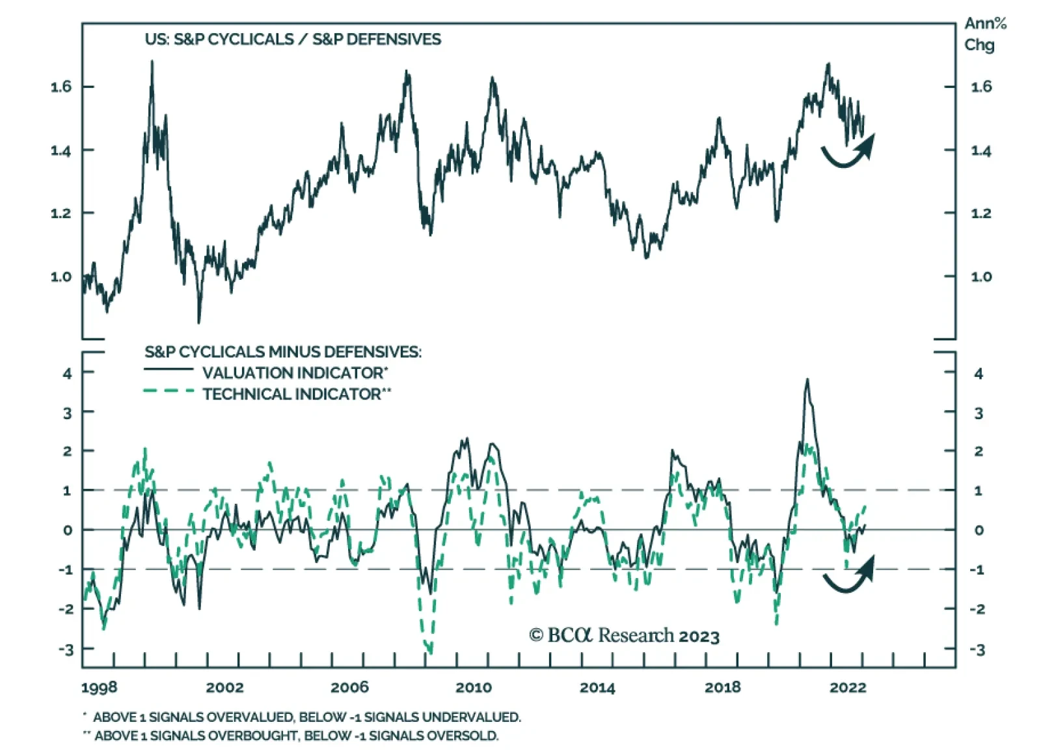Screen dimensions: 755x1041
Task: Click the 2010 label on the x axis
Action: [x=473, y=687]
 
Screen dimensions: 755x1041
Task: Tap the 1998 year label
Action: [x=100, y=687]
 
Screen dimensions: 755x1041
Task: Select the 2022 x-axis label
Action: [x=847, y=687]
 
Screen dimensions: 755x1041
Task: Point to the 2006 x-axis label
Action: [x=349, y=687]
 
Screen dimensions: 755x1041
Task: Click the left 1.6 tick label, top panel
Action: [x=61, y=87]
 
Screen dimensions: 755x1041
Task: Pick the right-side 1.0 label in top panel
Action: [x=981, y=277]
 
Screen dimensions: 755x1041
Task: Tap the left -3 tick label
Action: [x=66, y=649]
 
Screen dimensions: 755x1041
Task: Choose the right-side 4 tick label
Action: [x=978, y=374]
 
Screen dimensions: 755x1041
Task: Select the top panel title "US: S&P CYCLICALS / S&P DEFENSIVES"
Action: [x=293, y=39]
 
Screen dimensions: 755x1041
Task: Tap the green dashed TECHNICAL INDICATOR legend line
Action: [x=169, y=392]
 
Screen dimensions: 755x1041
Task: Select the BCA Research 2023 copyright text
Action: [x=624, y=635]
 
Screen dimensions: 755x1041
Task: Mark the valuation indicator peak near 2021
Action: [x=807, y=380]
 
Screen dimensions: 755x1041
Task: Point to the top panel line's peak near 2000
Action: [x=152, y=62]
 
